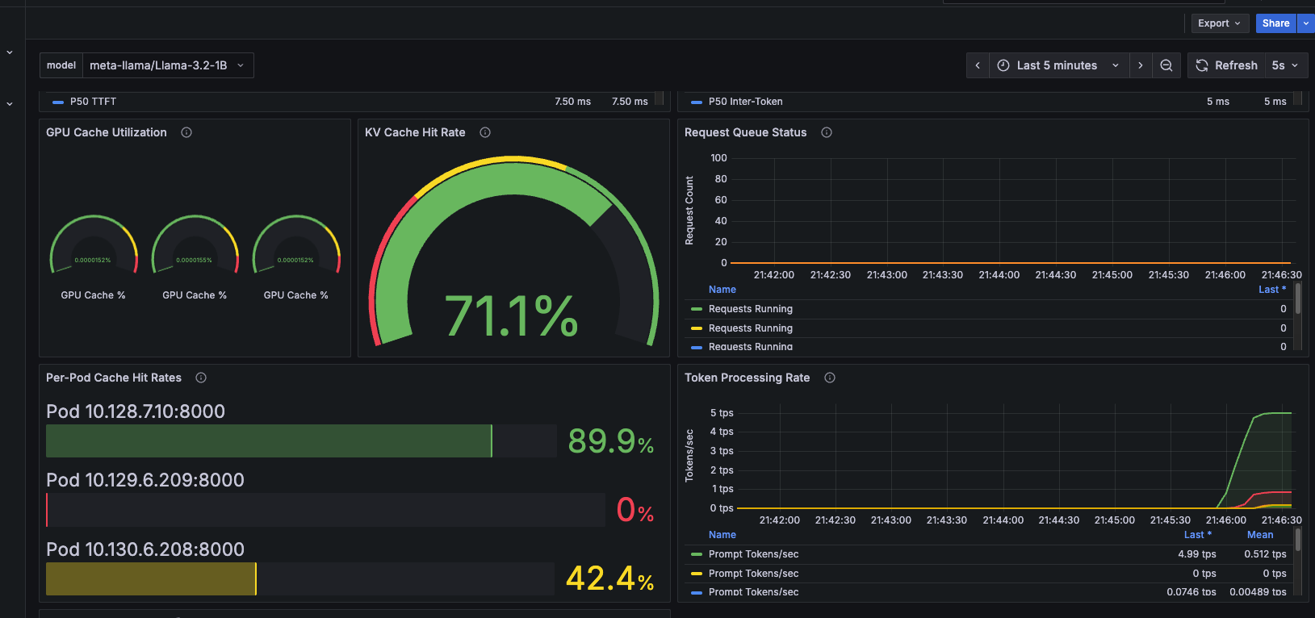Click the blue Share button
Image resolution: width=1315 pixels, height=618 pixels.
click(1275, 23)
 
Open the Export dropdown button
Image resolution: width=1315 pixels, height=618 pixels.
click(1219, 23)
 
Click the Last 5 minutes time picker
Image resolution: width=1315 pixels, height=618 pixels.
click(1057, 65)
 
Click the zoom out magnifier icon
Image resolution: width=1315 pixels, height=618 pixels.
click(1166, 65)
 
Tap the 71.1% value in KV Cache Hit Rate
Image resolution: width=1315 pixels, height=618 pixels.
click(512, 315)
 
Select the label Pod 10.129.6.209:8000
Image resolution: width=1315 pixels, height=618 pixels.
click(145, 480)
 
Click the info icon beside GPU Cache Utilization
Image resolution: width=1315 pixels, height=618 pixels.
click(186, 132)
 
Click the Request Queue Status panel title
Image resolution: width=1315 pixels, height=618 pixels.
click(745, 132)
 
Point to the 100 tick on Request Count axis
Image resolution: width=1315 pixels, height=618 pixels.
click(718, 158)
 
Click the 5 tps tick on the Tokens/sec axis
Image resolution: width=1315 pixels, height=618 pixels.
click(722, 413)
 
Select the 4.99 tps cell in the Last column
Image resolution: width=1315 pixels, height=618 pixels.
click(1196, 554)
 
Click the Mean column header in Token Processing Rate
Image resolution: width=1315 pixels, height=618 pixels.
click(1259, 535)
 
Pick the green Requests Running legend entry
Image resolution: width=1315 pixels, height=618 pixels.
click(750, 309)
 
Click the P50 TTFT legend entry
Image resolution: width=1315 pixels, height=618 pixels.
click(93, 102)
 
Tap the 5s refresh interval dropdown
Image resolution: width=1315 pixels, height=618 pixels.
click(1284, 65)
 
